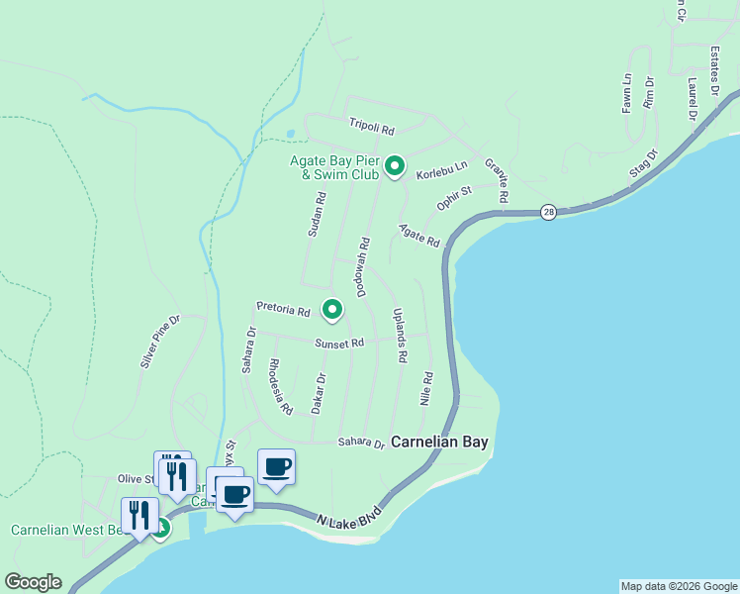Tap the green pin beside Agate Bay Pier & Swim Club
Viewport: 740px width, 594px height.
[394, 165]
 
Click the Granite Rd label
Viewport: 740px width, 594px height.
[496, 180]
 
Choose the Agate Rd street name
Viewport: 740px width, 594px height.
[418, 236]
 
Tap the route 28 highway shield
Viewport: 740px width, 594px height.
[548, 212]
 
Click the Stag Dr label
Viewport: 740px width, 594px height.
[643, 164]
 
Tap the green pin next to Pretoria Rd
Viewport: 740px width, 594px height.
[332, 311]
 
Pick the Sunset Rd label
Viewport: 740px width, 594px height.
[340, 344]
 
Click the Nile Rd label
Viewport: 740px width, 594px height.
[426, 388]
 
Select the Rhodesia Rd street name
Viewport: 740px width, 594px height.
[281, 386]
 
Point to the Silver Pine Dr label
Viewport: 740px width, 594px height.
[160, 342]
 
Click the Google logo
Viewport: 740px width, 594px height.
[33, 582]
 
